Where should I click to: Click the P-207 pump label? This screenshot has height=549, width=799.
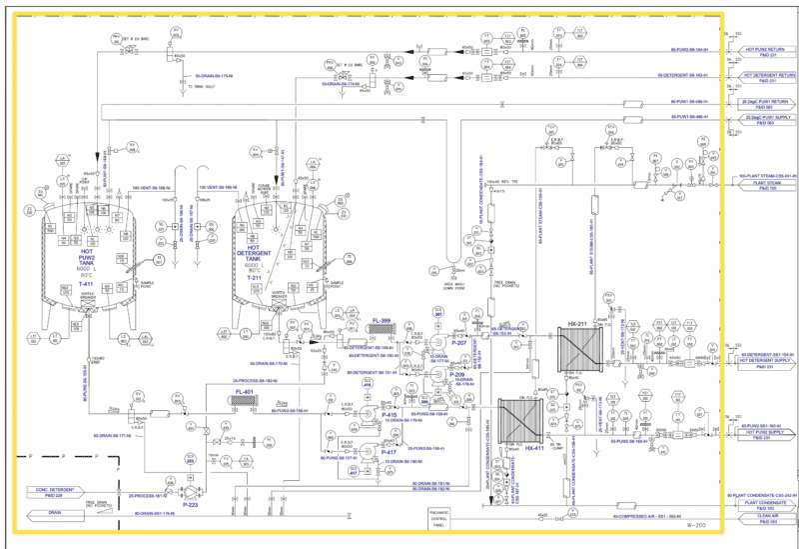pyautogui.click(x=459, y=343)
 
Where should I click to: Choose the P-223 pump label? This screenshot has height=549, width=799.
pyautogui.click(x=191, y=506)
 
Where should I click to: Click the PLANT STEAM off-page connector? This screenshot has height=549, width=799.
pyautogui.click(x=765, y=184)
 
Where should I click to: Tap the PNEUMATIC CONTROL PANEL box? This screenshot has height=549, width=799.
pyautogui.click(x=438, y=516)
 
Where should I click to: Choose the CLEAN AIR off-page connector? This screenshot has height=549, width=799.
pyautogui.click(x=765, y=516)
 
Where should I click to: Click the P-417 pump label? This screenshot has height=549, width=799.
pyautogui.click(x=389, y=452)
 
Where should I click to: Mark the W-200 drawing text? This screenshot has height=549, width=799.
pyautogui.click(x=695, y=525)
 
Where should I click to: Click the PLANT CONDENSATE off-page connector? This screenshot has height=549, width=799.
pyautogui.click(x=765, y=503)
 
